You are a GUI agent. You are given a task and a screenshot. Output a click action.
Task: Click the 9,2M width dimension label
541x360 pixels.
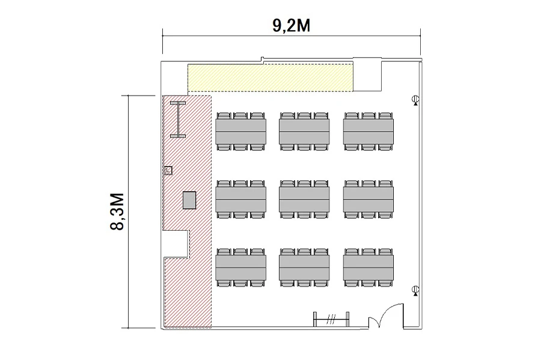point(291,25)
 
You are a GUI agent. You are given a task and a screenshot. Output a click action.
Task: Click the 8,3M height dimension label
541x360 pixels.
point(117,212)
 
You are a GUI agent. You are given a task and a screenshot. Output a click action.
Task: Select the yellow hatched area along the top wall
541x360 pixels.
point(270,78)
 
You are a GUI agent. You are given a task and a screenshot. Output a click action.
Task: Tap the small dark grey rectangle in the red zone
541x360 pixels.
point(189,200)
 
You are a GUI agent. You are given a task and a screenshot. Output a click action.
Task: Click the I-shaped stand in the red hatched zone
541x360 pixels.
point(178,120)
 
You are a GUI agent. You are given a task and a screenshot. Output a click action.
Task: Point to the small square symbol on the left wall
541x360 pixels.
point(168,170)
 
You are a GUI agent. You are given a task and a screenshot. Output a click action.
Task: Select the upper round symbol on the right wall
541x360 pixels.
point(416,100)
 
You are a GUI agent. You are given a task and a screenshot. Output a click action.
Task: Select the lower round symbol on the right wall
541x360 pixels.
point(416,290)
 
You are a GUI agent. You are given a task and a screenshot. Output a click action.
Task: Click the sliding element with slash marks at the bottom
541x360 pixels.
point(331,319)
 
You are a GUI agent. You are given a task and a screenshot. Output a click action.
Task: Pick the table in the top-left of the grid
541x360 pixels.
point(240,132)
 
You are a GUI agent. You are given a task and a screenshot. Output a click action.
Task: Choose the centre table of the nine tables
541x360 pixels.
point(304,200)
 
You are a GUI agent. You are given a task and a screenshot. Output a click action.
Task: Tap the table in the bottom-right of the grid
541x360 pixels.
point(368,267)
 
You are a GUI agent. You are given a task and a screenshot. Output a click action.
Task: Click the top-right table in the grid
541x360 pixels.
point(368,132)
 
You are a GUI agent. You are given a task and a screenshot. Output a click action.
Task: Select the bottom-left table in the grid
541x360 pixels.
point(240,267)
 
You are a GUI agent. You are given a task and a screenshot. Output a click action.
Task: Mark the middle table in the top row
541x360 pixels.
point(304,132)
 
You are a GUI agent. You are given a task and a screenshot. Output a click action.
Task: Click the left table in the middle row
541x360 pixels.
point(240,200)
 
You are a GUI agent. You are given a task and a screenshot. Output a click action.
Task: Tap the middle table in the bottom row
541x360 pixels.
point(304,267)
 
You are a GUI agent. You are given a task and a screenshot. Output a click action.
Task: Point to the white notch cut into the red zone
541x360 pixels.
point(176,244)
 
